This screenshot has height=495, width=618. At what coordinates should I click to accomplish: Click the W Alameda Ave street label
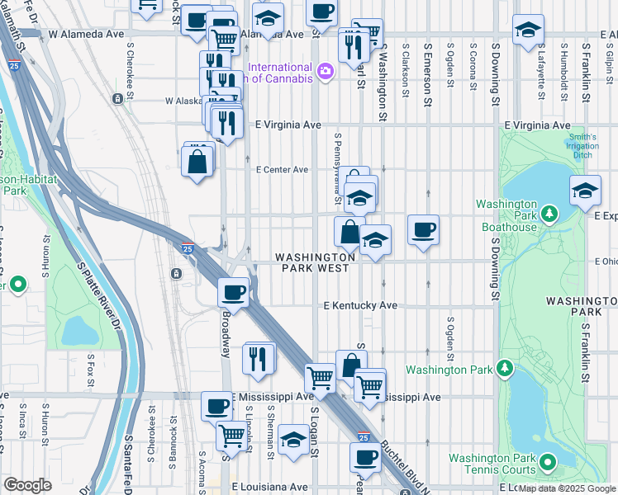(86, 35)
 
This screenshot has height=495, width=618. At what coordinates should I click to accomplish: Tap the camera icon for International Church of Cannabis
(326, 72)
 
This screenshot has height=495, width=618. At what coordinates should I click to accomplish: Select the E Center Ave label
(282, 170)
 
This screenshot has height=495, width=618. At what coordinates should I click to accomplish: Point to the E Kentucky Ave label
(360, 305)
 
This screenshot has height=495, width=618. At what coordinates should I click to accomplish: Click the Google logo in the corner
(27, 485)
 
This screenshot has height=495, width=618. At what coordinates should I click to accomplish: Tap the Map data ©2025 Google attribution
(567, 488)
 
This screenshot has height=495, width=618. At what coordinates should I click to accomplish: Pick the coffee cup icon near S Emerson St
(423, 230)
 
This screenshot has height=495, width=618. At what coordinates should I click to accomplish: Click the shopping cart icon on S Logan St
(320, 378)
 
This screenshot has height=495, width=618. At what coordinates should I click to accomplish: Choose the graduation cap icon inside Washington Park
(585, 191)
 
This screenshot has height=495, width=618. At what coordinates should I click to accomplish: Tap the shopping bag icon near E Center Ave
(198, 161)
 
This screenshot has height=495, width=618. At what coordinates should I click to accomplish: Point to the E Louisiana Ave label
(270, 488)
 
